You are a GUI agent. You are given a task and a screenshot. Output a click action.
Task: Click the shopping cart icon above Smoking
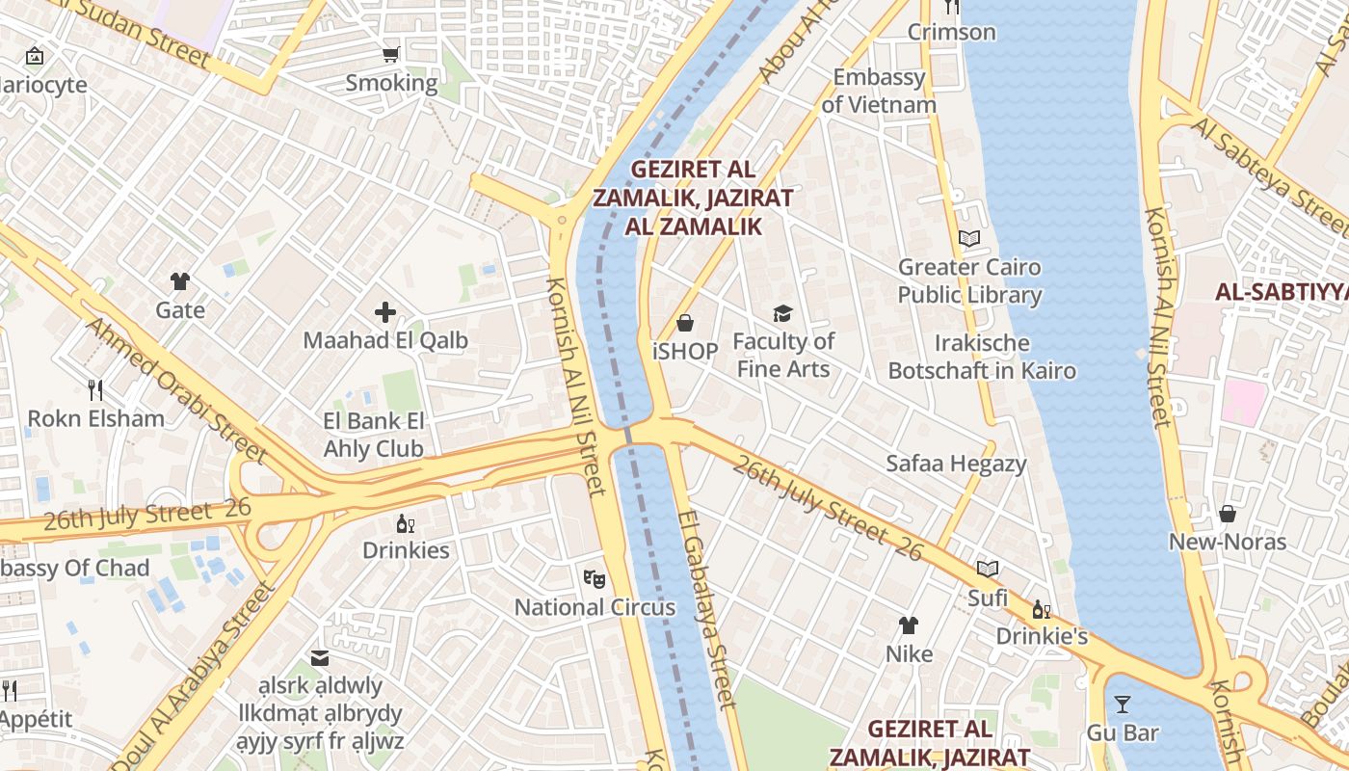click(x=390, y=54)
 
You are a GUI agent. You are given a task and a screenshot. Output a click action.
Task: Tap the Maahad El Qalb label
click(x=385, y=340)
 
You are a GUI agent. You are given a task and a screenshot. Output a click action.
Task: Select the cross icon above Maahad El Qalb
click(x=385, y=311)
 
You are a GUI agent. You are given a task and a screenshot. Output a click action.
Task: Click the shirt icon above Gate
click(x=180, y=281)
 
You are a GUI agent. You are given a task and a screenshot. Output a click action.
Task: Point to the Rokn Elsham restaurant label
click(x=95, y=418)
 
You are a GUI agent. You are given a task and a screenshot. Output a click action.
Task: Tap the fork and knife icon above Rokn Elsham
click(x=94, y=389)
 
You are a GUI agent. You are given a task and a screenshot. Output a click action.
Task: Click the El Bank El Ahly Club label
click(x=374, y=435)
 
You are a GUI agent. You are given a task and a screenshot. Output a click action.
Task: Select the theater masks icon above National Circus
click(x=595, y=578)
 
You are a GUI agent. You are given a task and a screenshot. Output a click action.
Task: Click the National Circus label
click(x=595, y=607)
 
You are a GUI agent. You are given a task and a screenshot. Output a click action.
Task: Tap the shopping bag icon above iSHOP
click(x=685, y=322)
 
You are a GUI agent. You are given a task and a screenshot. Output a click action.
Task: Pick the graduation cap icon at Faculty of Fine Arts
click(x=782, y=313)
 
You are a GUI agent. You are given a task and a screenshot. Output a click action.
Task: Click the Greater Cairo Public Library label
click(x=969, y=280)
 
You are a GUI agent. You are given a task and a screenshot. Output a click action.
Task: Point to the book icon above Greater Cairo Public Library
click(x=969, y=238)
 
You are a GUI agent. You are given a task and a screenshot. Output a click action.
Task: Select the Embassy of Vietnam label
click(x=879, y=91)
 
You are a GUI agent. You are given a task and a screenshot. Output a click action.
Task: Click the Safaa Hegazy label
click(x=956, y=464)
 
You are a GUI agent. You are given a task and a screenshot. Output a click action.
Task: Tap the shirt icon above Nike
click(x=909, y=625)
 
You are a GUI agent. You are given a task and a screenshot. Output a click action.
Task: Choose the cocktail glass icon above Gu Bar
click(x=1123, y=705)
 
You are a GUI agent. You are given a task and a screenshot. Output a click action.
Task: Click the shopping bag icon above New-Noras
click(x=1228, y=513)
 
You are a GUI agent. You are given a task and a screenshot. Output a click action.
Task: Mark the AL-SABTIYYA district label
click(x=1282, y=292)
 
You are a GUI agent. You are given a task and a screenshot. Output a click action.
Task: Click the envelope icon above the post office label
click(x=320, y=658)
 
